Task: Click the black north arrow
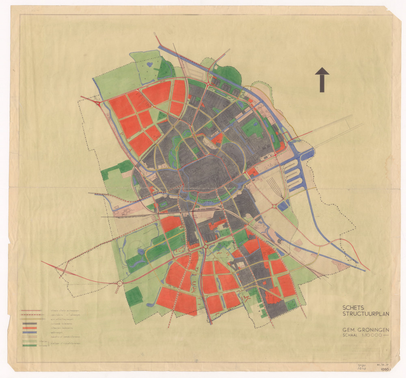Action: (x=322, y=79)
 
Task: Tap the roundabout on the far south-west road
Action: (x=120, y=284)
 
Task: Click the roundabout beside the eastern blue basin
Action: (x=278, y=206)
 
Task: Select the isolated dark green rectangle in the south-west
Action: (x=134, y=297)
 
